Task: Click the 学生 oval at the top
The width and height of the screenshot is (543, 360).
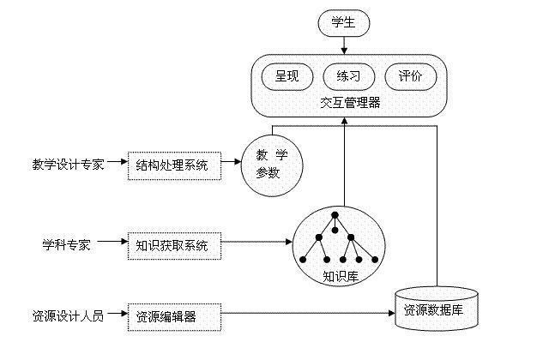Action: (343, 23)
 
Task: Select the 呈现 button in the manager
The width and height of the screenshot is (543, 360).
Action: (287, 75)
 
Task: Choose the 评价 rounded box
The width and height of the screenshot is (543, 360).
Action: (409, 75)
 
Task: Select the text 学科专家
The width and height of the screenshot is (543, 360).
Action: (67, 244)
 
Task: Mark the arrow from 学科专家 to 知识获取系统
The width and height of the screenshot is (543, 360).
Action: (111, 244)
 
